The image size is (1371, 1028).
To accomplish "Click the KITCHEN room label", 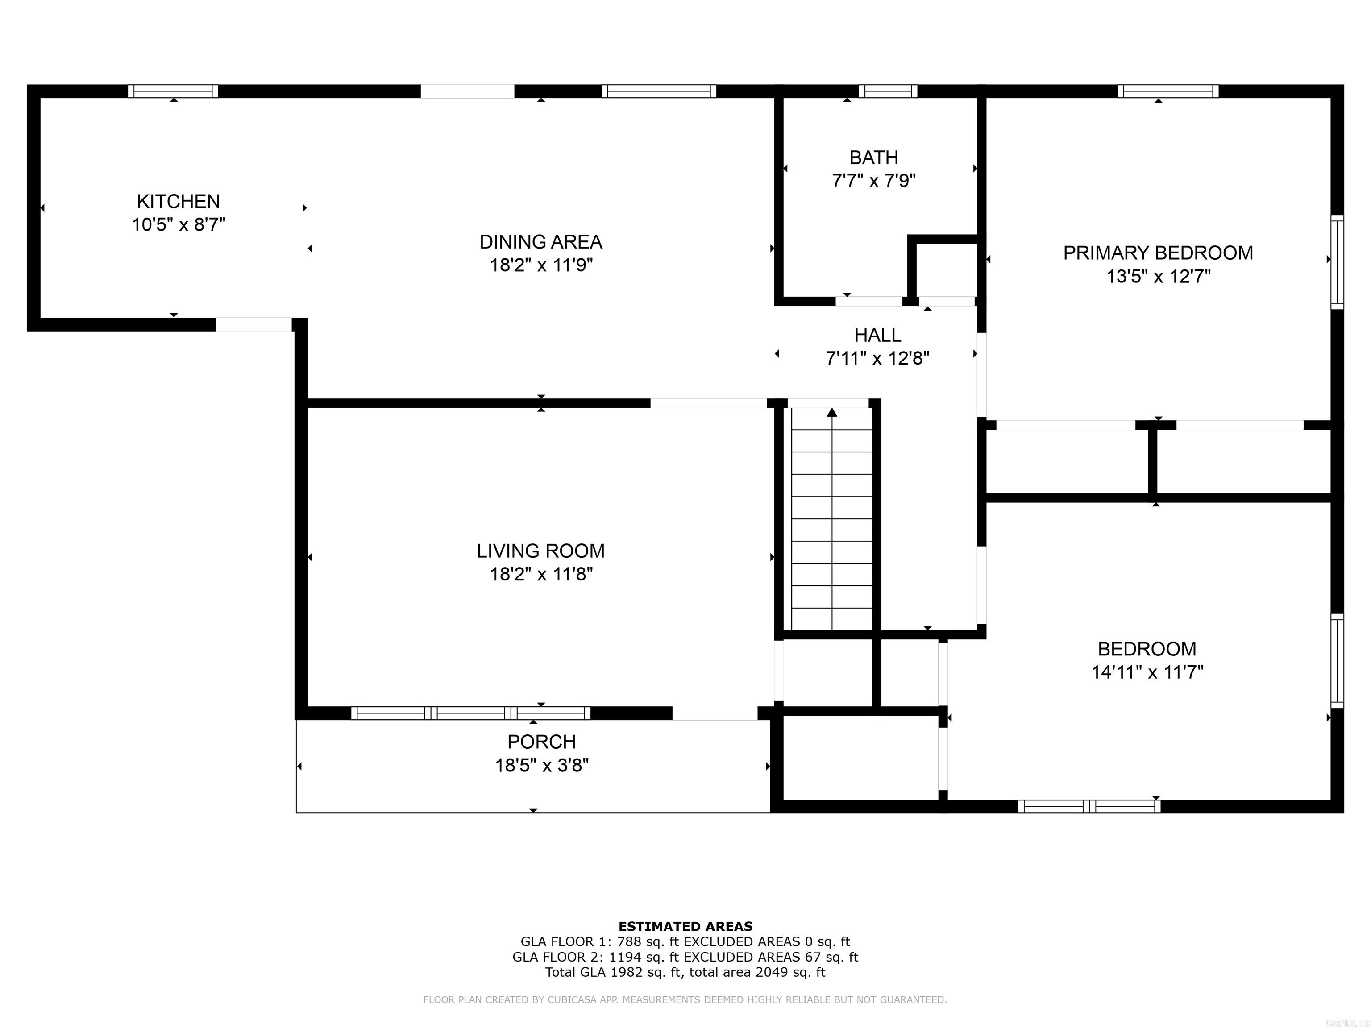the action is (x=179, y=201).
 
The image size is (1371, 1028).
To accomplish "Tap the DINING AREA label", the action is (x=541, y=242).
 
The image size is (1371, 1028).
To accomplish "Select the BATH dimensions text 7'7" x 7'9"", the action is (x=874, y=181).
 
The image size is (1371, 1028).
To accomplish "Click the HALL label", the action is (x=878, y=335).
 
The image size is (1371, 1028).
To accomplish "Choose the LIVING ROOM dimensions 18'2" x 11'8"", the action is (x=541, y=574).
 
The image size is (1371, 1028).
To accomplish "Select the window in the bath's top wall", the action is (x=888, y=91).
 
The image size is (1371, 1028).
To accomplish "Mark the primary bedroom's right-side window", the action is (x=1338, y=262).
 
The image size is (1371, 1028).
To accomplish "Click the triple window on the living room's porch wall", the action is (x=471, y=713).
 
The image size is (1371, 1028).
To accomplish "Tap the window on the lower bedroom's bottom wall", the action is (x=1089, y=806).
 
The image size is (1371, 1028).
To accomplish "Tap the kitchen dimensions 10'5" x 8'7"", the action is (x=179, y=224).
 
